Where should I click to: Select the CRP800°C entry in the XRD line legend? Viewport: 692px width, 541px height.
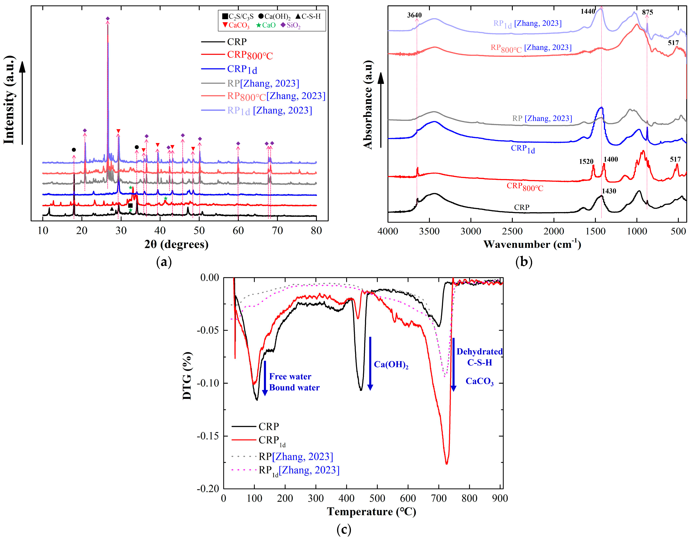coord(250,55)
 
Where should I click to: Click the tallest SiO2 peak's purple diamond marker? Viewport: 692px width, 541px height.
coord(108,19)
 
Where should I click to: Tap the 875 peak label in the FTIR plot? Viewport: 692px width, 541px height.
coord(647,12)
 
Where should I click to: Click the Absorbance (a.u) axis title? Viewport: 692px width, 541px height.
coord(367,105)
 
